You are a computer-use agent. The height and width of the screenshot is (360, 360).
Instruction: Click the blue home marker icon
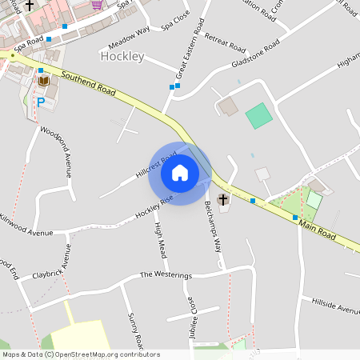(x=180, y=173)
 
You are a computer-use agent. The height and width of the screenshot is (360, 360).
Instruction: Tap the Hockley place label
(x=122, y=57)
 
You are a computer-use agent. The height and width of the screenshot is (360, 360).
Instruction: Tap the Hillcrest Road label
(x=155, y=162)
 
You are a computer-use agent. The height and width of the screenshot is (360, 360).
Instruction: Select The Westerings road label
(x=166, y=275)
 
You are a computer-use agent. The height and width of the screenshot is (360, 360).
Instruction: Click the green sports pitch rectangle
(x=258, y=117)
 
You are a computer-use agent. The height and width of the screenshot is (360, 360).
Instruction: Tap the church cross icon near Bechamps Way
(x=222, y=199)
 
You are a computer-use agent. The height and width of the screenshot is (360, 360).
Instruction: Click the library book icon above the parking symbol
(x=42, y=82)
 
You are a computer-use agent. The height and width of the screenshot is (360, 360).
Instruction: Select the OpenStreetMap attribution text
(x=81, y=354)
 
